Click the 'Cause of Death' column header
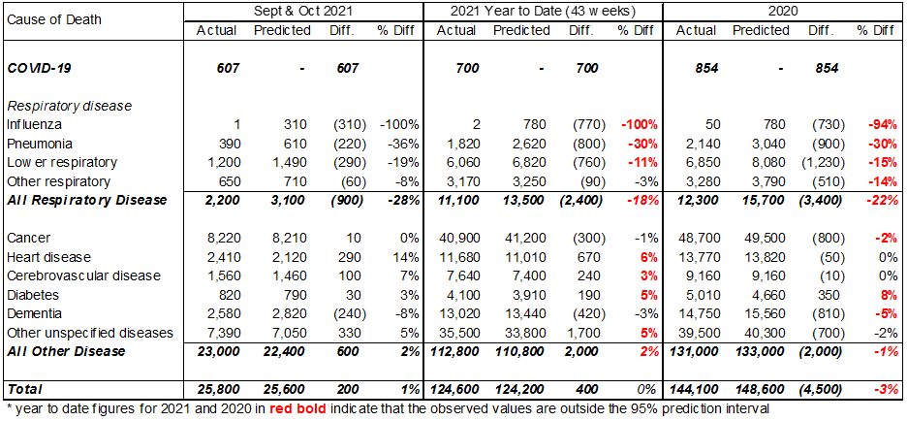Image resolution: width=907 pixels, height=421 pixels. click(x=54, y=19)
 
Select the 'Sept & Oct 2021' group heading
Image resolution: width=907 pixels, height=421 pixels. click(x=303, y=10)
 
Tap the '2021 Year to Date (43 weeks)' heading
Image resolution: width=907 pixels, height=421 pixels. click(x=543, y=10)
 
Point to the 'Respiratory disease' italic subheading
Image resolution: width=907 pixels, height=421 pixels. click(x=70, y=106)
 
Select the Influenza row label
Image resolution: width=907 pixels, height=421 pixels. click(x=34, y=124)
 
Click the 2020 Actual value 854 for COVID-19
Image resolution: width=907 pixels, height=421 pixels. click(x=706, y=68)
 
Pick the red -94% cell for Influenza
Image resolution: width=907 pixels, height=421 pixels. click(x=883, y=124)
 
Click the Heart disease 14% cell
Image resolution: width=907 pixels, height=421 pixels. click(x=407, y=256)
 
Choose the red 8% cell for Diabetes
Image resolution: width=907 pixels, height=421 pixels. click(x=888, y=294)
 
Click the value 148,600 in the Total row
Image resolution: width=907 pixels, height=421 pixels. click(x=762, y=389)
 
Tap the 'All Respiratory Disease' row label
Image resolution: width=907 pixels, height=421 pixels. click(x=87, y=200)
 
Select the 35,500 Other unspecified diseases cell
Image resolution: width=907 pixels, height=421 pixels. click(x=457, y=333)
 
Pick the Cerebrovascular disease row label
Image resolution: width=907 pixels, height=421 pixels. click(x=83, y=275)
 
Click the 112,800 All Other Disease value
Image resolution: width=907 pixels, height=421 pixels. click(x=453, y=351)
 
